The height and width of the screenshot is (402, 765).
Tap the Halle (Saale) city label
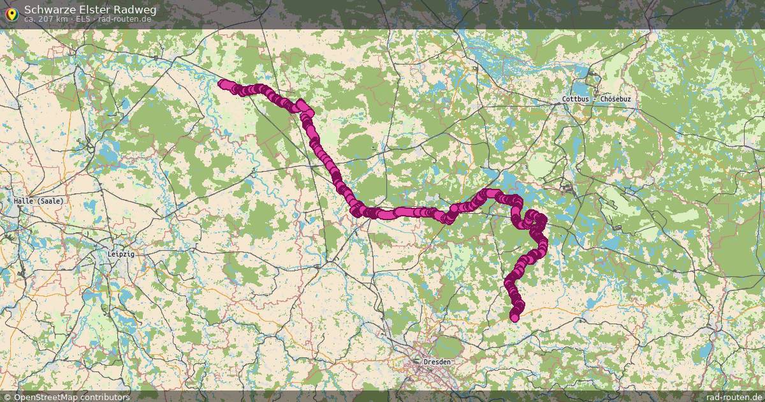tap(39, 201)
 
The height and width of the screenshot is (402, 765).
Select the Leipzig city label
tap(121, 253)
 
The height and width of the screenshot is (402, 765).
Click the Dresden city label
tap(437, 362)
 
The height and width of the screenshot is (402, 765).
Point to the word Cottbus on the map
tap(576, 100)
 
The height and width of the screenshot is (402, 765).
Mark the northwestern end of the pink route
tap(222, 83)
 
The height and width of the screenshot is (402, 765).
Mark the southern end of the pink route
tap(514, 317)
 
